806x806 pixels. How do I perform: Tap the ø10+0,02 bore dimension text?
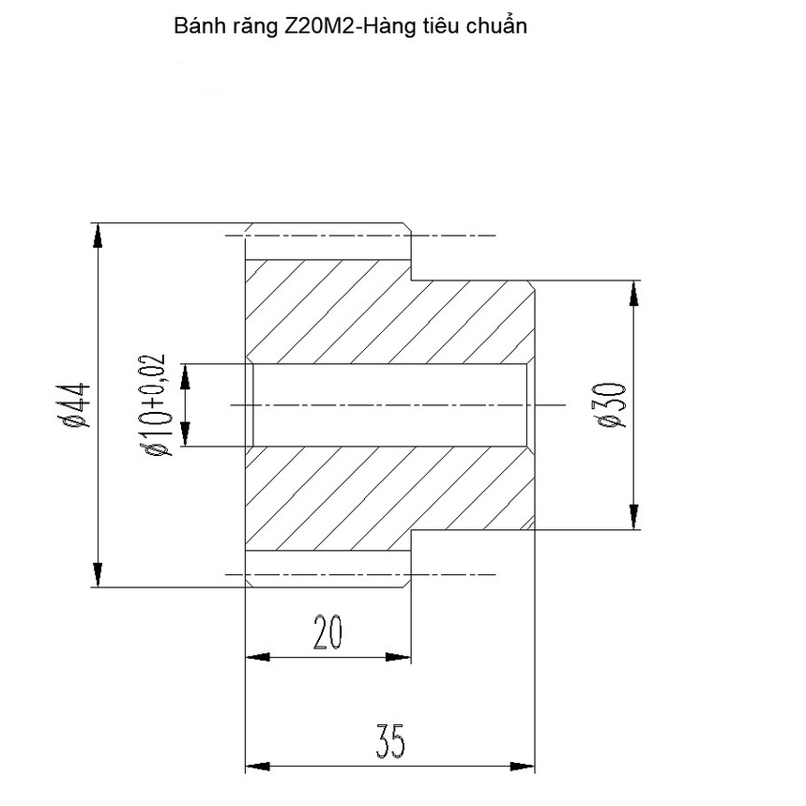(154, 405)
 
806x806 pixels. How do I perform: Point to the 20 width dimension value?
(327, 634)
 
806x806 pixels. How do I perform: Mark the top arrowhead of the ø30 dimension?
(635, 292)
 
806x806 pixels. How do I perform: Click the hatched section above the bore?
(375, 314)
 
